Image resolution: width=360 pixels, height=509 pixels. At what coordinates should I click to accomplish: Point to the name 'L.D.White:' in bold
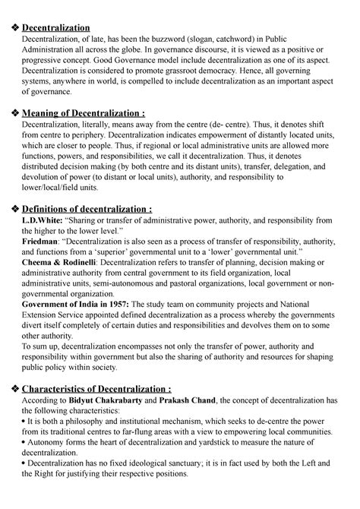pos(42,221)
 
